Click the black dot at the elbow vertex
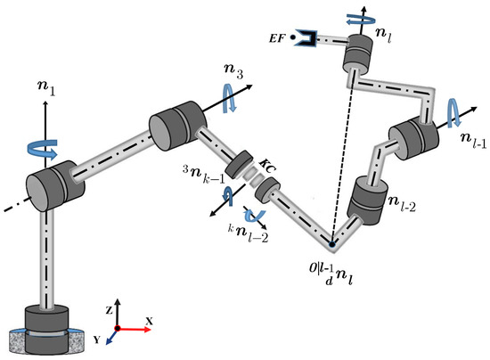click(331, 243)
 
